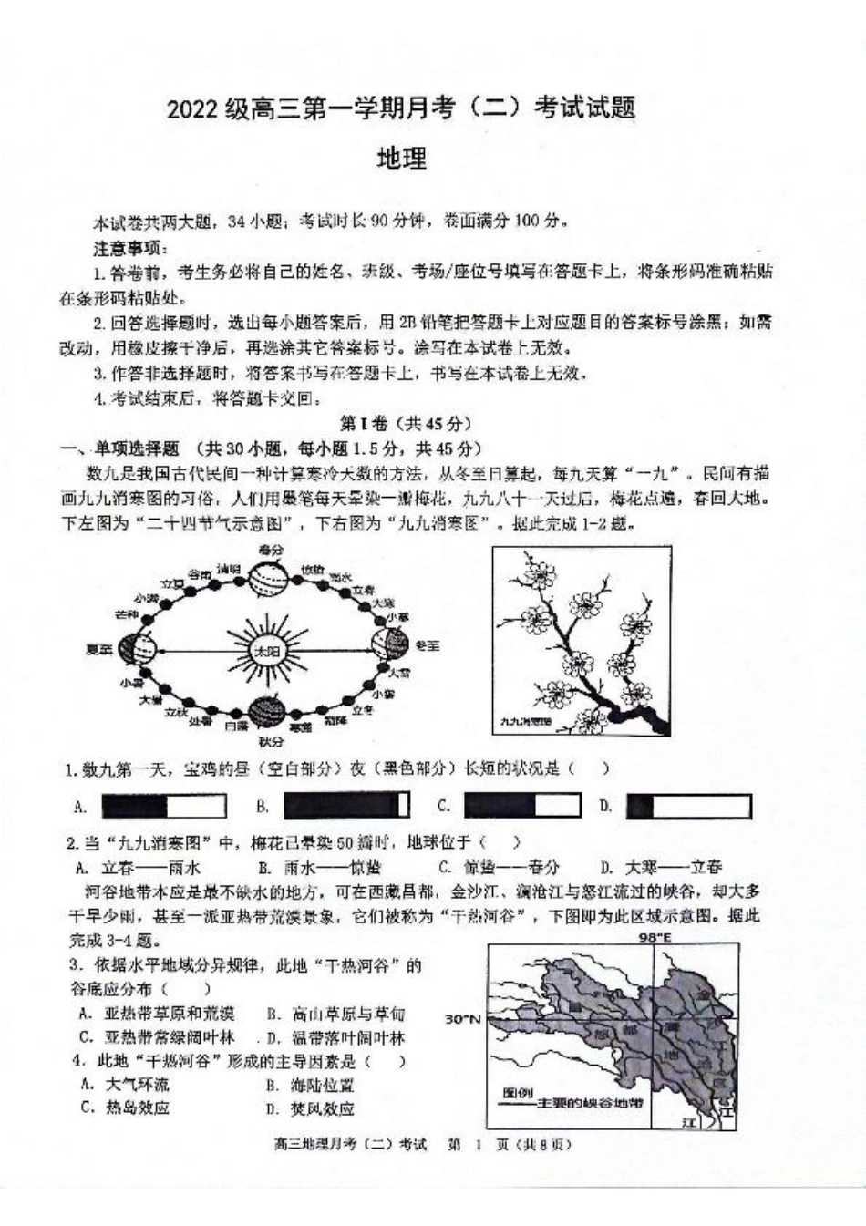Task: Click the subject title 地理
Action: (401, 159)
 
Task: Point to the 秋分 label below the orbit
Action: (271, 741)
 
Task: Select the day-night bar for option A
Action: (163, 806)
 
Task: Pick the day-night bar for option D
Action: (688, 806)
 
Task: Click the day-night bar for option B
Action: (346, 806)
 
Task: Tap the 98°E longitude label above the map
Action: (652, 936)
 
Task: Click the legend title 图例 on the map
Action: (517, 1092)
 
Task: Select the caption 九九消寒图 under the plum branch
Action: (526, 720)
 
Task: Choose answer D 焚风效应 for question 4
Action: (310, 1108)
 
